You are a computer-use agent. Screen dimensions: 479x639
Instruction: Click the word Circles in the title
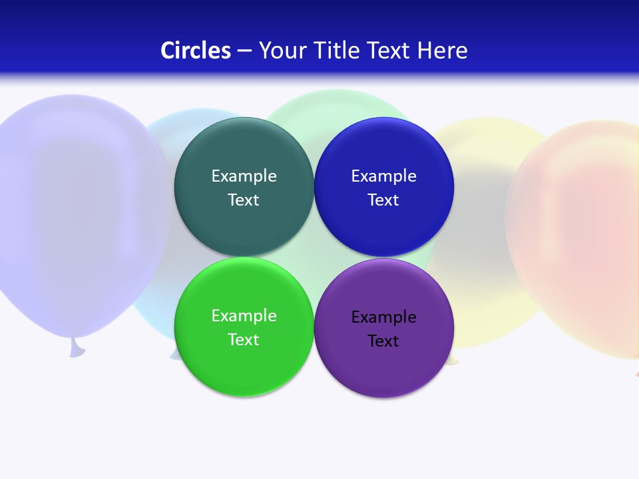(x=196, y=51)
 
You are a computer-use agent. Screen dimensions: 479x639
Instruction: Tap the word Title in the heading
(x=338, y=51)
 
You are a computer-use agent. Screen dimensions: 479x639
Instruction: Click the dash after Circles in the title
(x=244, y=51)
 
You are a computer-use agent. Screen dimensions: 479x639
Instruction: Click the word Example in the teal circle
(x=244, y=176)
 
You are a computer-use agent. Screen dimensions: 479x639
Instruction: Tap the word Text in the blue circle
(x=383, y=200)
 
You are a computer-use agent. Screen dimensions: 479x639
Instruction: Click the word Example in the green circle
(x=244, y=316)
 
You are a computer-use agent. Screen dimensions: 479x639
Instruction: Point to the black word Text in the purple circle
(x=383, y=341)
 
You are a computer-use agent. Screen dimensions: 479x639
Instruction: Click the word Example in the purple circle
(x=383, y=317)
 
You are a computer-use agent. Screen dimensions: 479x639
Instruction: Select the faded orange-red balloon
(x=579, y=233)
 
